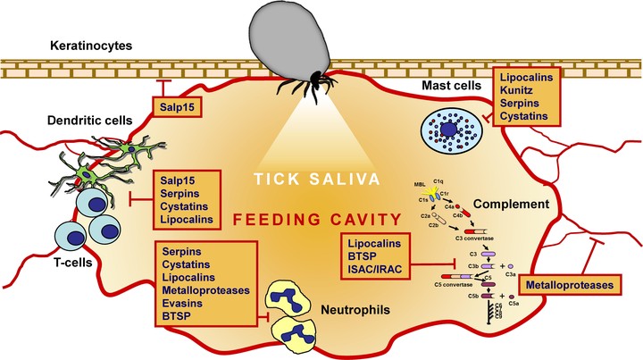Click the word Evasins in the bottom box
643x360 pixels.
point(182,302)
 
